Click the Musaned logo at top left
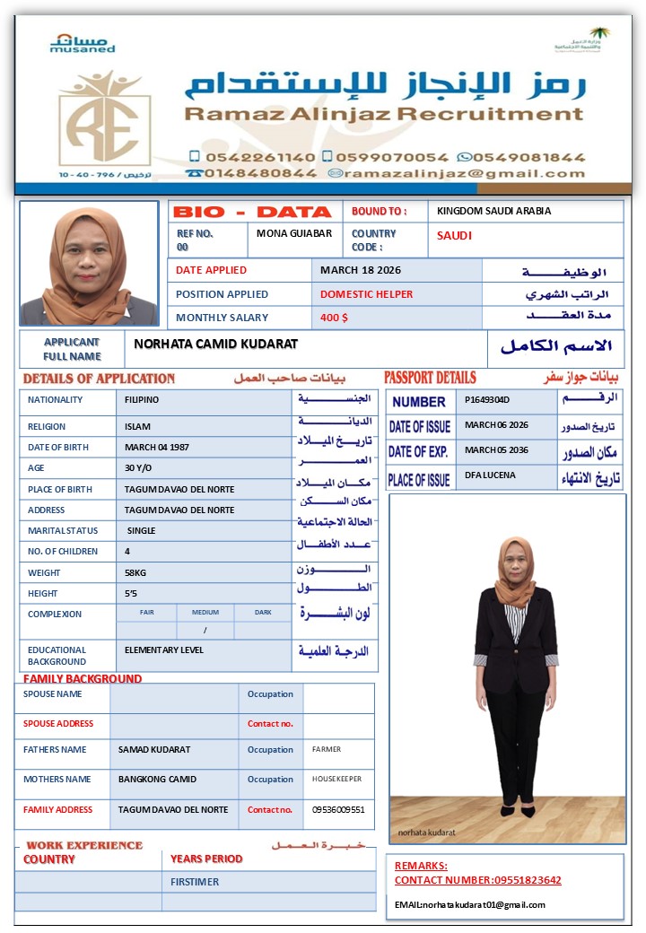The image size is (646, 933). coord(83,43)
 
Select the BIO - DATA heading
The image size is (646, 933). coord(252,213)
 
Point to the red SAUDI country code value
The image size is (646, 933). coord(454,236)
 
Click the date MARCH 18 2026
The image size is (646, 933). coord(361,270)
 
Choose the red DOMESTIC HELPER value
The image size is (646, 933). coord(367,294)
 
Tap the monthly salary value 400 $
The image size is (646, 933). coord(335,318)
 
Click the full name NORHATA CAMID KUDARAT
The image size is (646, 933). coord(215,344)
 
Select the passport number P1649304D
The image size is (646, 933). coord(487,399)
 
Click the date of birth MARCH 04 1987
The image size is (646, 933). coord(157,447)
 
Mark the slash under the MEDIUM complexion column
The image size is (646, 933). coord(205,630)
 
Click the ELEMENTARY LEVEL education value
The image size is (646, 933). coord(164,650)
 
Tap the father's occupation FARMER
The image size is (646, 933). coord(327,749)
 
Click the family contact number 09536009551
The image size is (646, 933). coord(338,810)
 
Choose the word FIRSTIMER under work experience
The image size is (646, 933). coord(195,882)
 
